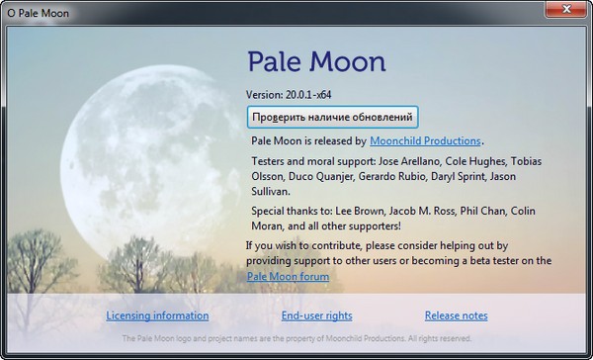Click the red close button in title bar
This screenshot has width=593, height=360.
pos(565,9)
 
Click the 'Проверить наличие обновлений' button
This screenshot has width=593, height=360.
pos(332,117)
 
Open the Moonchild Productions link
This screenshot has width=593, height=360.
pos(426,141)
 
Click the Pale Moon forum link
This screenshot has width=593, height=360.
pos(288,277)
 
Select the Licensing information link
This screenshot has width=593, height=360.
pos(157,315)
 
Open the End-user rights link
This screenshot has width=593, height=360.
pos(316,315)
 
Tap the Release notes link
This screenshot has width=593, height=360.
pos(456,315)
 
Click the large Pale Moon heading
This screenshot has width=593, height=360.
pos(316,61)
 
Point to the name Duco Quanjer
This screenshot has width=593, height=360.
pos(328,176)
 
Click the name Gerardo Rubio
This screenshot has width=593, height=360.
pos(402,176)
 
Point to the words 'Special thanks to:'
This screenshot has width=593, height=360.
pos(295,211)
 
